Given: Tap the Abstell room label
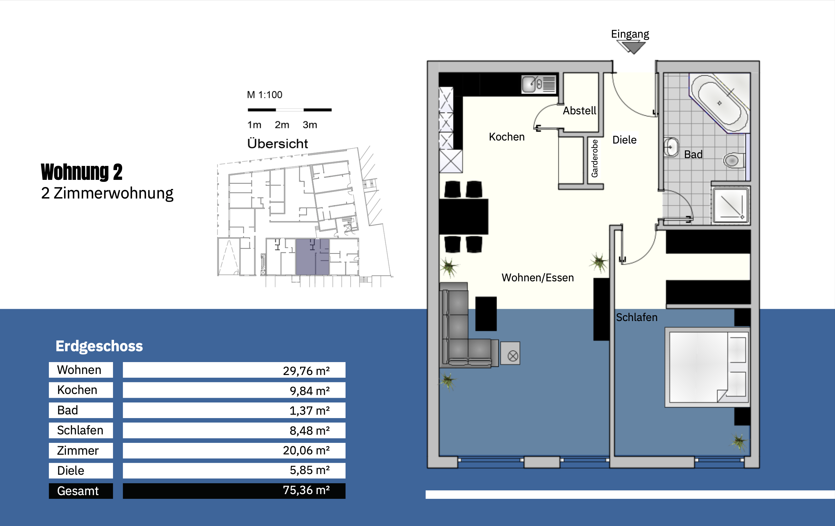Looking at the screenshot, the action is pyautogui.click(x=579, y=111).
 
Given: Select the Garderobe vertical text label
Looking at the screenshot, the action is pyautogui.click(x=594, y=158).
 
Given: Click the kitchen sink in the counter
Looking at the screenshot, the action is pyautogui.click(x=539, y=84).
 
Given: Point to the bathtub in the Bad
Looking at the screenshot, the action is pyautogui.click(x=720, y=102).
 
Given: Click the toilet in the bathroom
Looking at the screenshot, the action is pyautogui.click(x=734, y=161).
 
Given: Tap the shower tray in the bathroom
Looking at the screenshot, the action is pyautogui.click(x=730, y=206).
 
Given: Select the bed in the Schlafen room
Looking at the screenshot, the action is pyautogui.click(x=707, y=367).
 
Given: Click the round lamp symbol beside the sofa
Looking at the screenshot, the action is pyautogui.click(x=513, y=356).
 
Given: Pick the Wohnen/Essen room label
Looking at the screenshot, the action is pyautogui.click(x=537, y=278).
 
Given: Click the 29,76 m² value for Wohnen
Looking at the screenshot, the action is pyautogui.click(x=306, y=371).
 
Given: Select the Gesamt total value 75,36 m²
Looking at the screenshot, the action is pyautogui.click(x=306, y=490).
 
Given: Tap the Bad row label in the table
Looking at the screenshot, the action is pyautogui.click(x=68, y=410).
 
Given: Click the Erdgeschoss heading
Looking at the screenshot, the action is pyautogui.click(x=99, y=346).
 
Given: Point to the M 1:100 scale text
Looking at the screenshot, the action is pyautogui.click(x=264, y=95).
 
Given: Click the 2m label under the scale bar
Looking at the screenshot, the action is pyautogui.click(x=282, y=125).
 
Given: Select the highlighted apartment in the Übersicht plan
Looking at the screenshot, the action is pyautogui.click(x=312, y=257).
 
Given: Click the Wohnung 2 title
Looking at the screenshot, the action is pyautogui.click(x=81, y=172).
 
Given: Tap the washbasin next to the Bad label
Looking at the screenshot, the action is pyautogui.click(x=671, y=147).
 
